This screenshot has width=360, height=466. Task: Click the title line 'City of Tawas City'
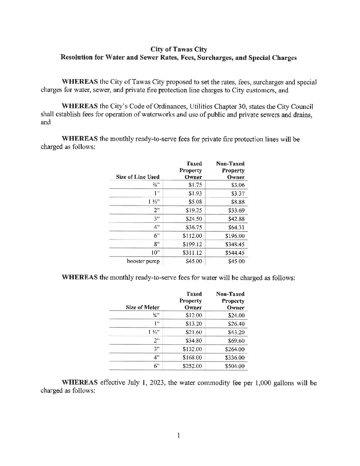click(x=179, y=50)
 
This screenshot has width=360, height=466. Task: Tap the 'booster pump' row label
click(x=143, y=261)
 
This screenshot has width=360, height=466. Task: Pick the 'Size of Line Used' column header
click(x=138, y=177)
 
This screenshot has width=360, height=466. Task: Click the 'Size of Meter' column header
click(x=143, y=307)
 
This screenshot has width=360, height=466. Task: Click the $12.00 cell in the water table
click(x=194, y=315)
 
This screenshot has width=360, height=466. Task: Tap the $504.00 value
click(x=235, y=366)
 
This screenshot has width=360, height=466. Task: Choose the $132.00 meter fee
click(x=192, y=349)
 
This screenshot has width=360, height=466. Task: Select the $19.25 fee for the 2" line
click(x=194, y=210)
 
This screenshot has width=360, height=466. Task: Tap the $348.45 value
click(x=235, y=245)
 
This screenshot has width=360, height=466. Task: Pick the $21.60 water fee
click(x=194, y=332)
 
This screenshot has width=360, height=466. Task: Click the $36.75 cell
click(x=194, y=227)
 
